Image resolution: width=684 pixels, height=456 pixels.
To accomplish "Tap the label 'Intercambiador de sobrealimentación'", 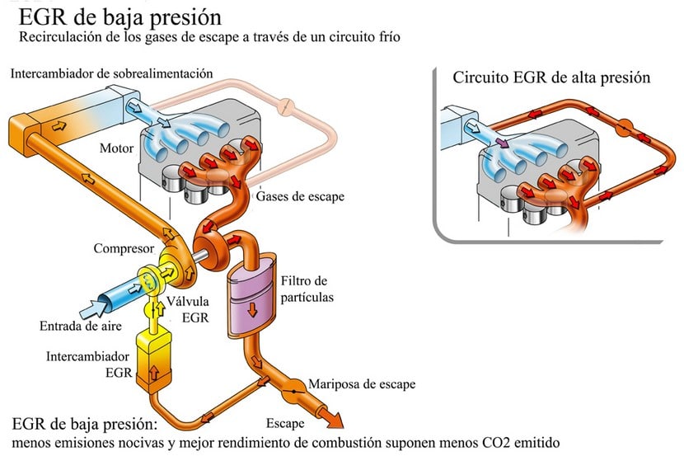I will pos(111,74).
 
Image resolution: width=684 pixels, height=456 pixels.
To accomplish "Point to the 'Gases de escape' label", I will pos(300,197).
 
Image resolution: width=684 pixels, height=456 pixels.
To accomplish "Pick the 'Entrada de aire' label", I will pos(81,326).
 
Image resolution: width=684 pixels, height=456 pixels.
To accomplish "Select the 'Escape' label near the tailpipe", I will pos(286,424).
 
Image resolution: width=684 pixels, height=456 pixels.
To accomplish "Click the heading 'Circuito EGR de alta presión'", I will pos(552,78).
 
